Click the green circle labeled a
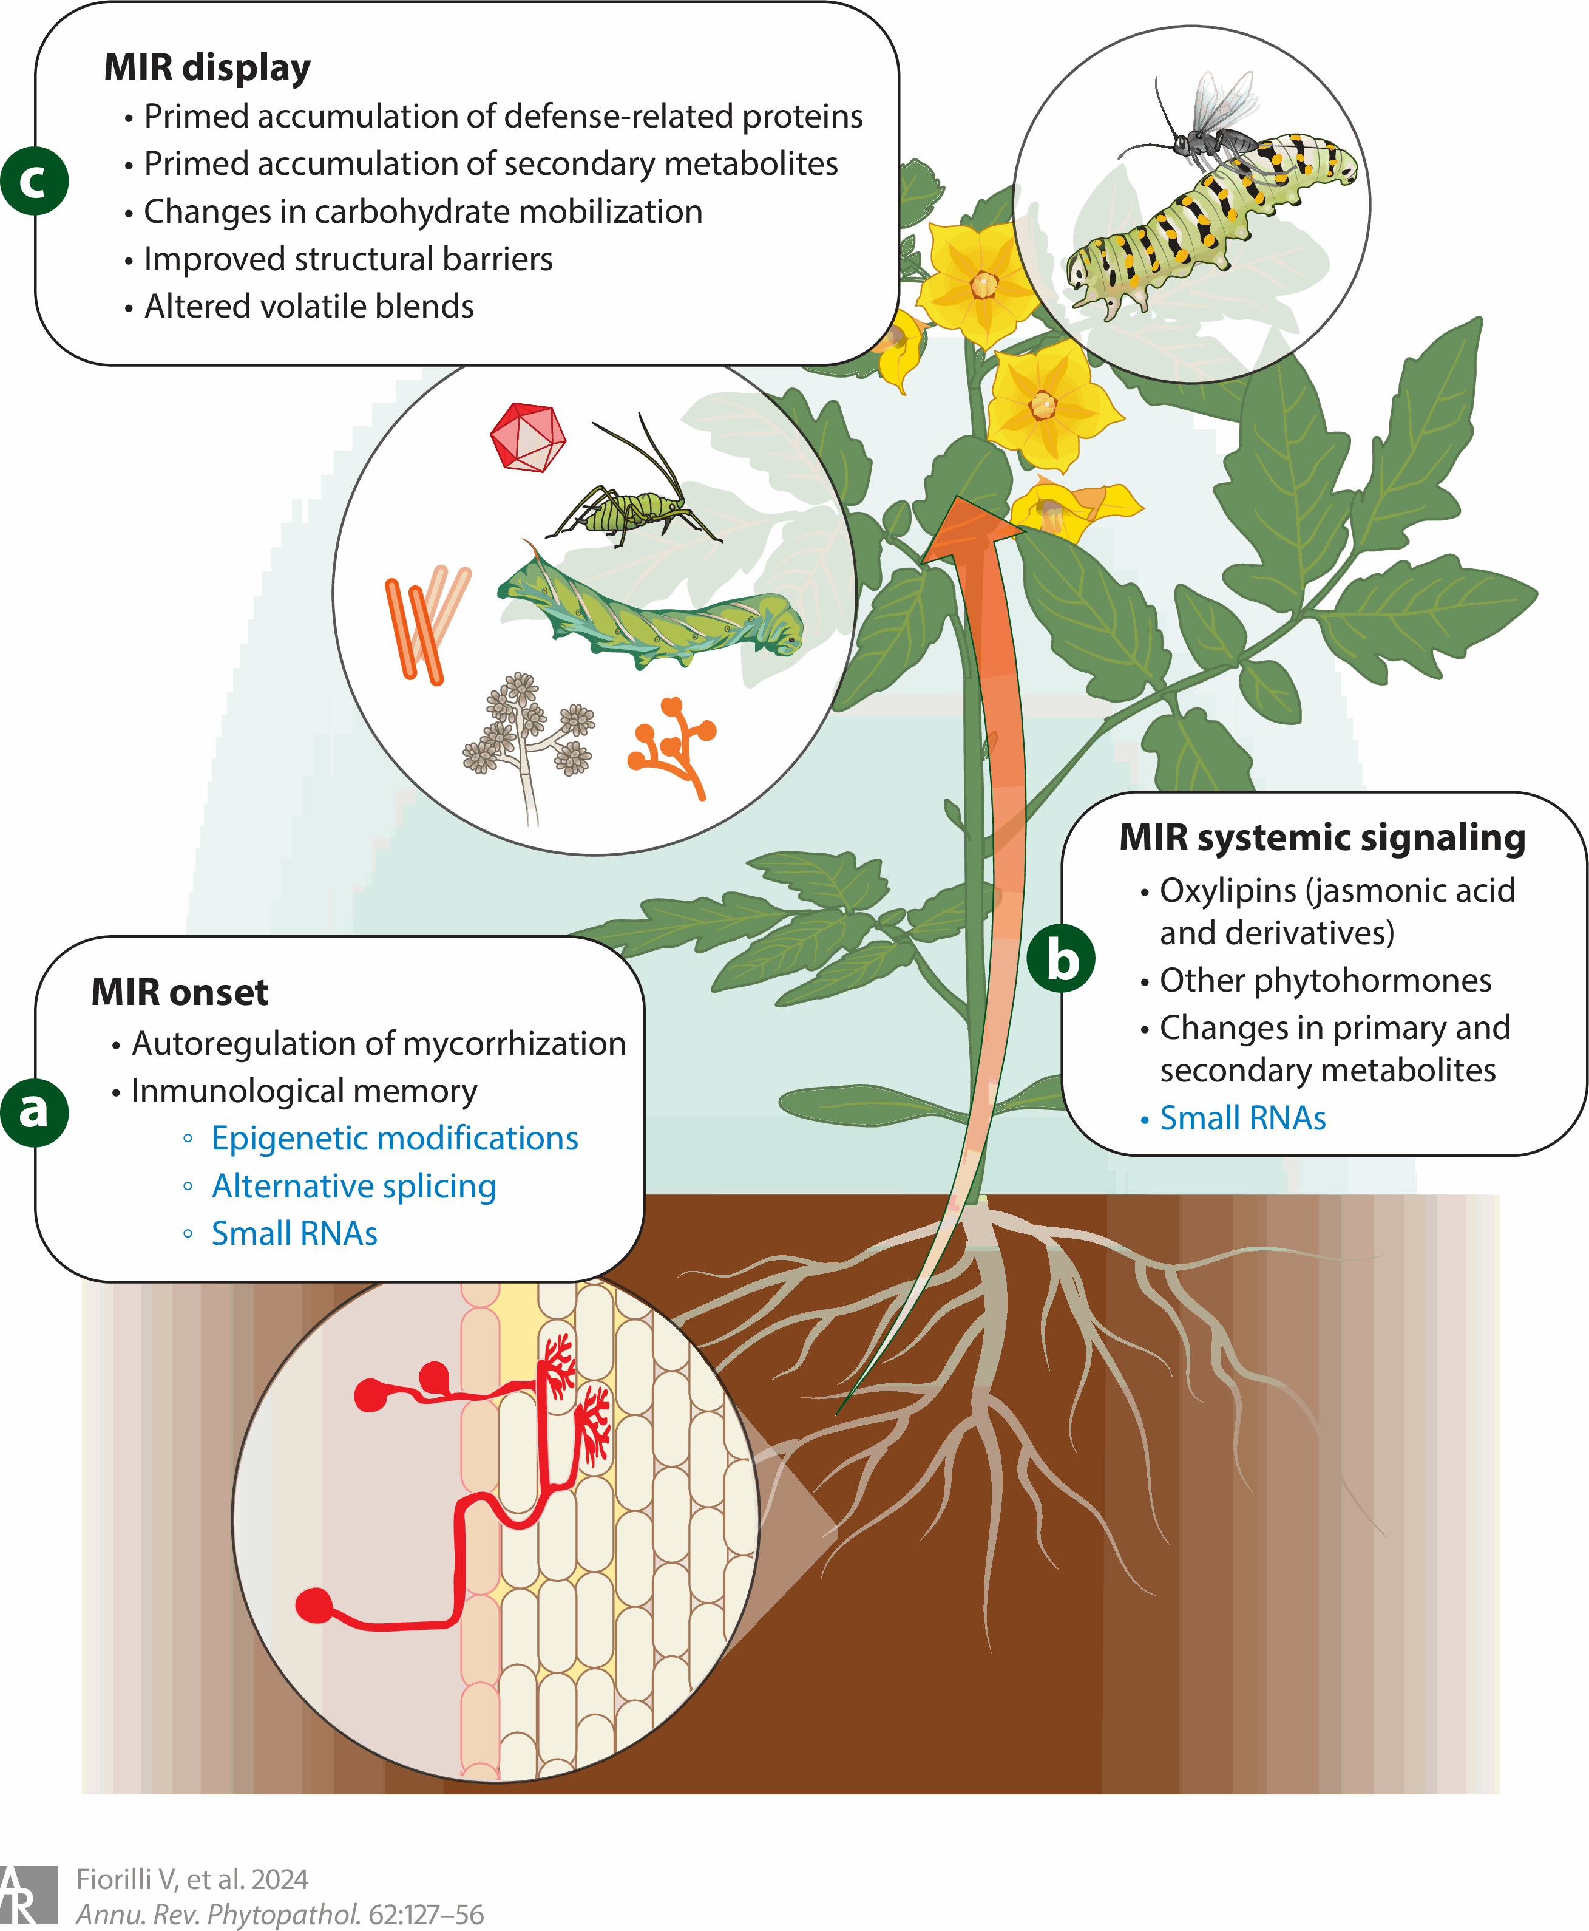point(34,1112)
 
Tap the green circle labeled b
point(1061,959)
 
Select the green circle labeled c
point(34,180)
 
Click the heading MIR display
point(207,68)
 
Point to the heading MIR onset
point(180,992)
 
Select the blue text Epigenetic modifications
point(395,1138)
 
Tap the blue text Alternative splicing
point(354,1186)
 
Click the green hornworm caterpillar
point(650,609)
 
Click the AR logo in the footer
point(27,1895)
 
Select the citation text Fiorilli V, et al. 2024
point(192,1880)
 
